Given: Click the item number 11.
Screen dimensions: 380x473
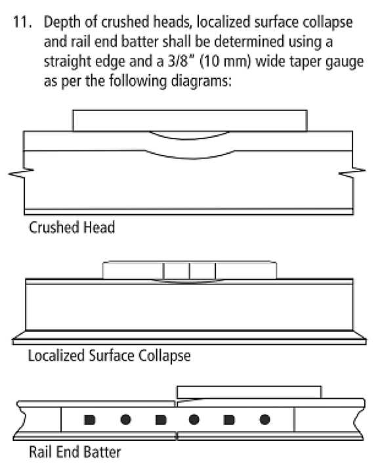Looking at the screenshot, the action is coord(22,22).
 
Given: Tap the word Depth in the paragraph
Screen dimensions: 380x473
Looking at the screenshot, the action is coord(62,22).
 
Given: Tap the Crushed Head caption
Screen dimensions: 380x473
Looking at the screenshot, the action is coord(72,227).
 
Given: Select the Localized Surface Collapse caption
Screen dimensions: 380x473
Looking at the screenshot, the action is coord(109,355).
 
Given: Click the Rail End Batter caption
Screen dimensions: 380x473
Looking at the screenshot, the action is coord(75,452).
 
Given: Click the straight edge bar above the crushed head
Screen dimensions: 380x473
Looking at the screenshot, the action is coord(190,120).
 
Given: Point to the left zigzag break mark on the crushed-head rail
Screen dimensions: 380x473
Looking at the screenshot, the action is coord(21,173).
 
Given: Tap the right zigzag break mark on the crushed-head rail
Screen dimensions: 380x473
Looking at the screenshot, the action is coord(352,173).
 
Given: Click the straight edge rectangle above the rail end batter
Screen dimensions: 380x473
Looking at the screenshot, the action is coord(249,392).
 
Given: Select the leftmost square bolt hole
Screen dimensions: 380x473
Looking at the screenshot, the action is coord(89,420).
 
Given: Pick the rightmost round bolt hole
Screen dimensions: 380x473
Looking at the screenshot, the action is coord(264,420).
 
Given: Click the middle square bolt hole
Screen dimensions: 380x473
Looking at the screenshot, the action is coord(161,420).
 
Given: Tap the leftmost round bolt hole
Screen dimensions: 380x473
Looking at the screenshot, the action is coord(125,420).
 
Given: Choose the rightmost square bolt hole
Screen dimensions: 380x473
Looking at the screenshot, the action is coord(229,420).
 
